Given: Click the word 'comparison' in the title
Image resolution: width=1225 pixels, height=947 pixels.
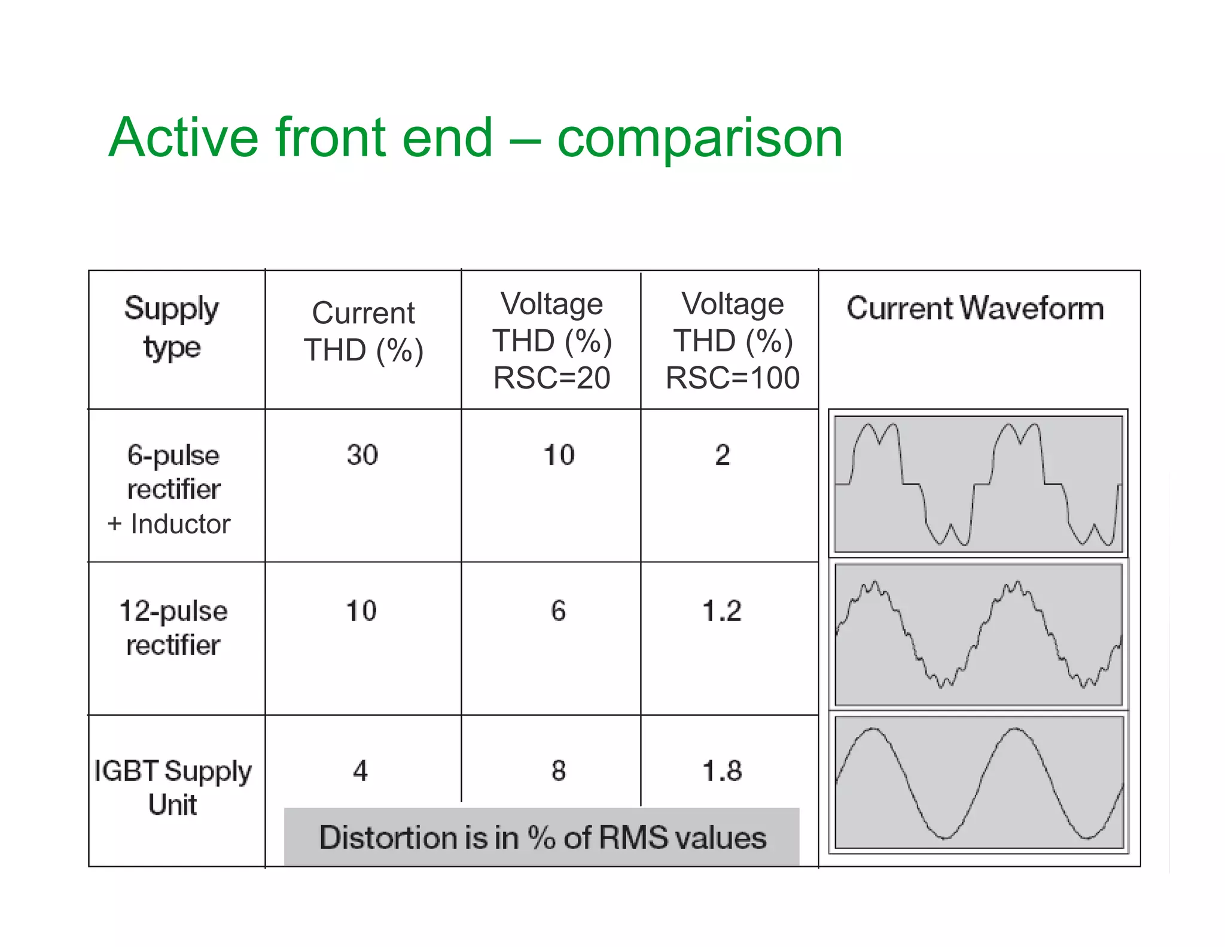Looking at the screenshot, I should pos(699,139).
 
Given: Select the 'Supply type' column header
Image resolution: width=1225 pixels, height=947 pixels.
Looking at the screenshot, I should pos(172,327).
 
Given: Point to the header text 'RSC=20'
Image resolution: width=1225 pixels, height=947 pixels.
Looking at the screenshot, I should pos(551,378).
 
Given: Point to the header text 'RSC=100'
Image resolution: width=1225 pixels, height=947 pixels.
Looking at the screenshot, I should pos(732,378).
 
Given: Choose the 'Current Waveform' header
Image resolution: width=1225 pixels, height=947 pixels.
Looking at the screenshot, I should pos(975,308).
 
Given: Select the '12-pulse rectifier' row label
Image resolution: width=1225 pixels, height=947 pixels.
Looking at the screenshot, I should pos(173,627).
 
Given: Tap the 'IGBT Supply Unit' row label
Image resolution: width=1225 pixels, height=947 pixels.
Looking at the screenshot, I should pos(173,787).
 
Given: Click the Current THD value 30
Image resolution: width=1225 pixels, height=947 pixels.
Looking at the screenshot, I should pos(362,455).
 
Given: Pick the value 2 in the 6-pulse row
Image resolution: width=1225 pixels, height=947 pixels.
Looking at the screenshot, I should pos(723,455).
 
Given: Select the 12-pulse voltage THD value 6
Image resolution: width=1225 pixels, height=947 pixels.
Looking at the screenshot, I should pos(558,611).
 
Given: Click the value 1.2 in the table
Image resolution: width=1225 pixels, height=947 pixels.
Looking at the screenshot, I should pos(722,611).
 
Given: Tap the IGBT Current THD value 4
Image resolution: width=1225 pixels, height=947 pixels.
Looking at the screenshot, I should pos(360,770).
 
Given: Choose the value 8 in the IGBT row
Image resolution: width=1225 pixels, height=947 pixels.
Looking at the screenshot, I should pos(558,770).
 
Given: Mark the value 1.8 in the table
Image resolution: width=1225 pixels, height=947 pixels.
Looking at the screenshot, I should pos(722,770).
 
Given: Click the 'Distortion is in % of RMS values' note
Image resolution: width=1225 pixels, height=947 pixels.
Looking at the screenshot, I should pos(542,837).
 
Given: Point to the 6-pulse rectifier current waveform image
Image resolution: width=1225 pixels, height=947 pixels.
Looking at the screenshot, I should pos(978,484).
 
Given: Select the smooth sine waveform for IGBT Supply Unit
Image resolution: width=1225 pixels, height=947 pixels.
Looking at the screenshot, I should pos(979,782).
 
